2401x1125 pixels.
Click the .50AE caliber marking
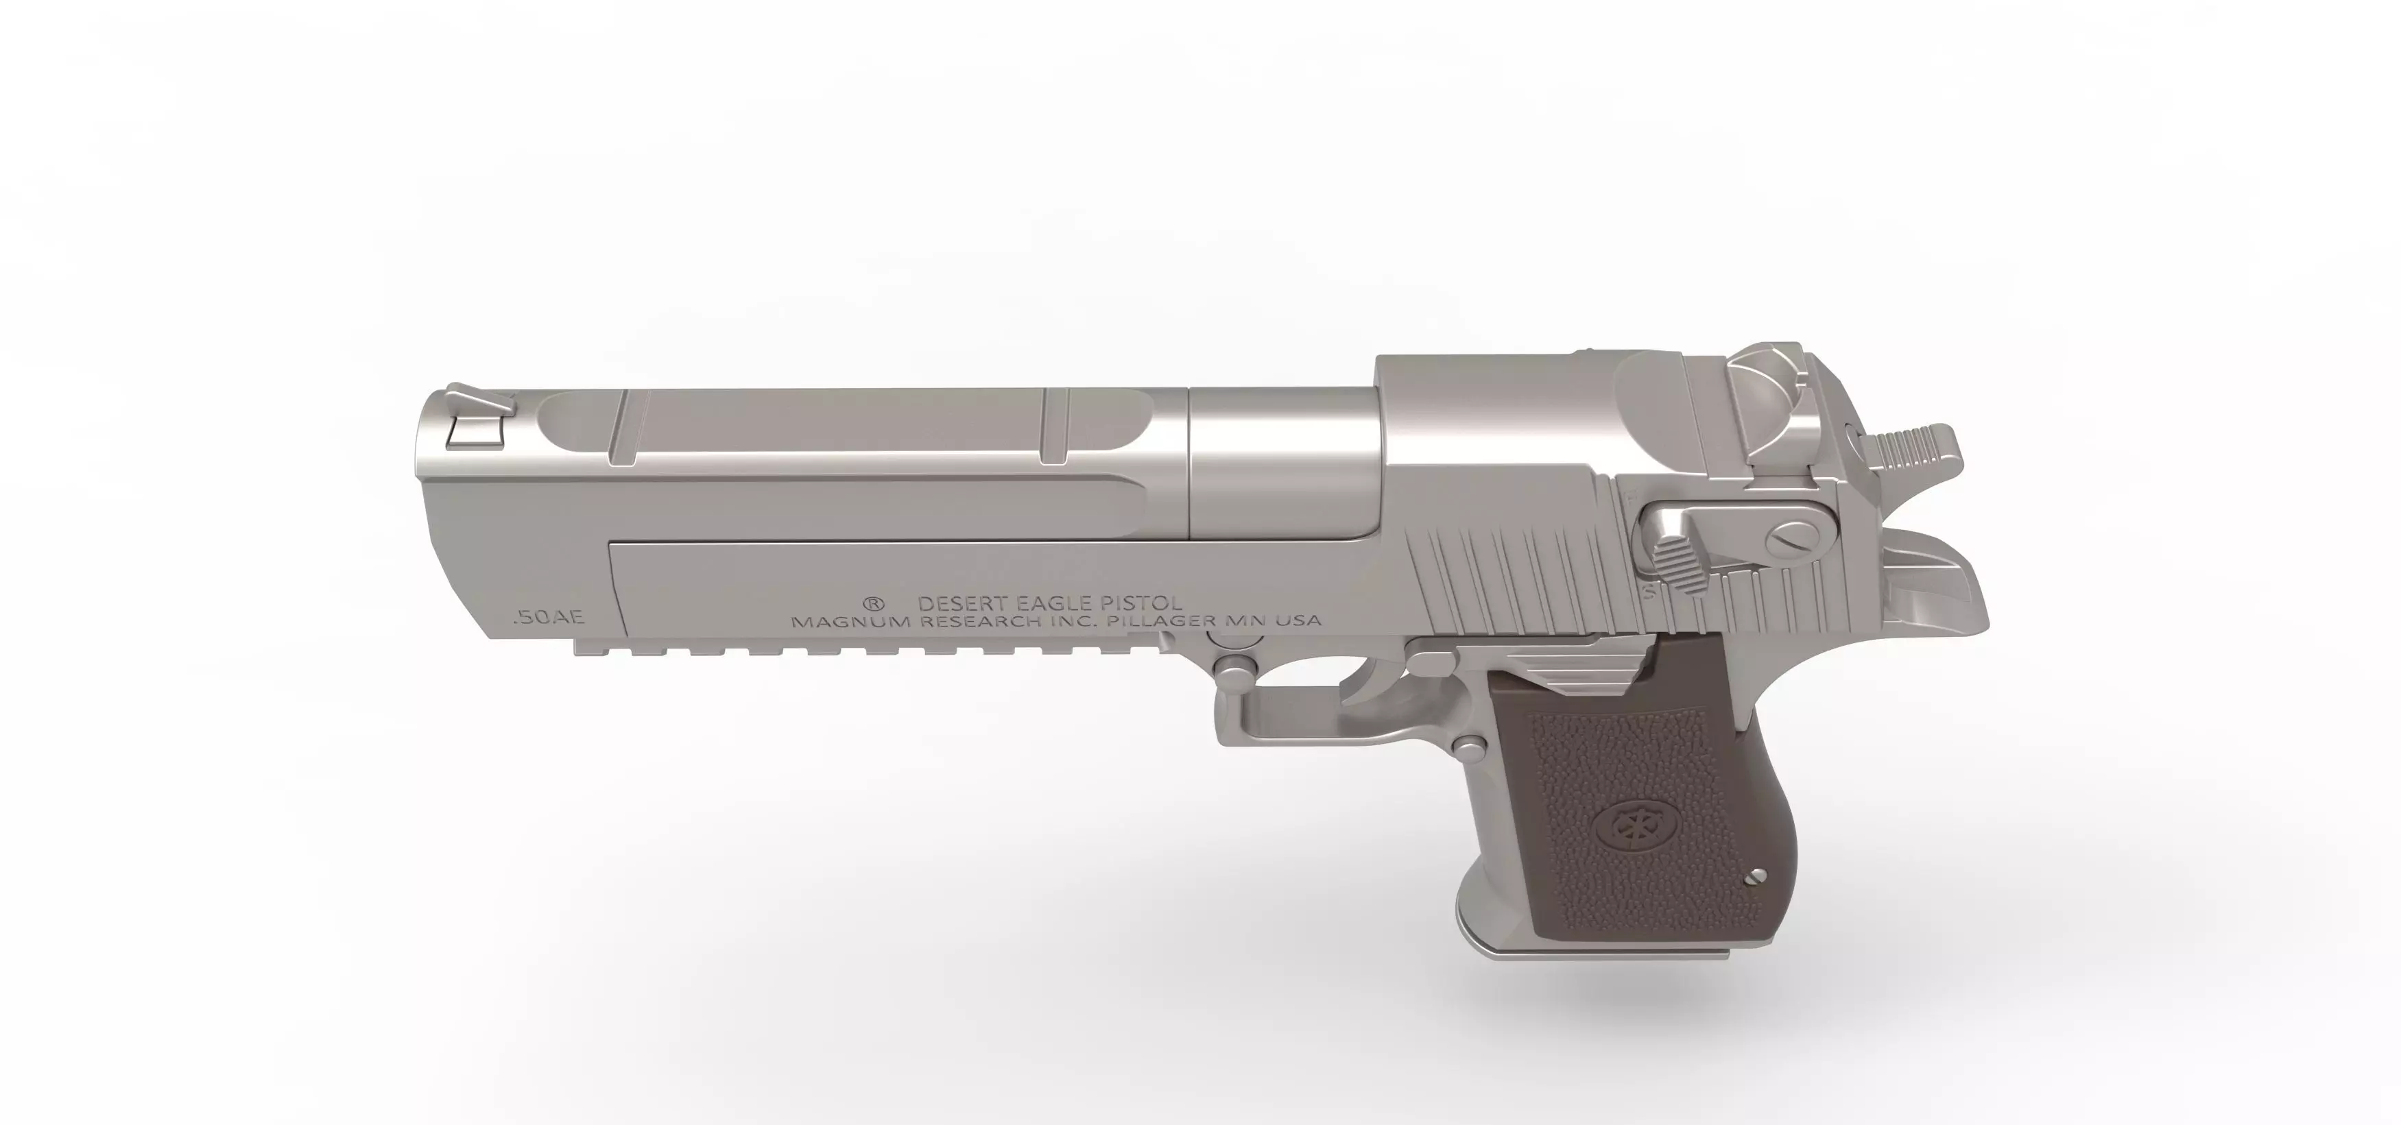547,617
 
